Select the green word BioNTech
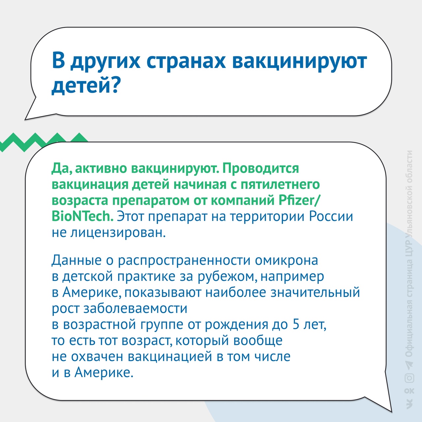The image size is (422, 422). (x=82, y=216)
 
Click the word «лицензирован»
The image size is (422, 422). (x=118, y=232)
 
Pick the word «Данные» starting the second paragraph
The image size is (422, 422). (x=76, y=260)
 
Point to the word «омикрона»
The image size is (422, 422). (x=286, y=260)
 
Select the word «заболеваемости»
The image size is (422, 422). (x=136, y=309)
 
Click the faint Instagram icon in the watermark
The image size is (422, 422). (x=409, y=378)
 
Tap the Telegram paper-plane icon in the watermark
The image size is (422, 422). (x=409, y=364)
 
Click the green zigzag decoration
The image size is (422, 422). (x=44, y=141)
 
